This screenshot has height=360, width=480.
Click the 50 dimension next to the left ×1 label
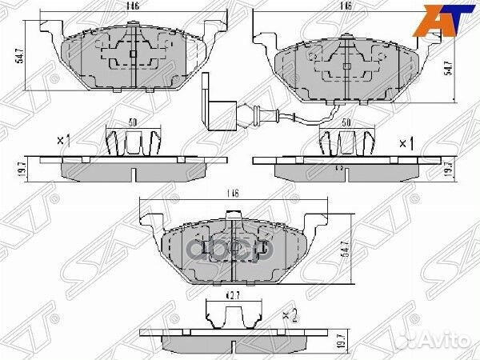click(x=133, y=123)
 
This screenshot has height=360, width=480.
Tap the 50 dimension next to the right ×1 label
click(x=346, y=124)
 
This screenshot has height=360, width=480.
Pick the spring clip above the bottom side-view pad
click(x=230, y=317)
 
